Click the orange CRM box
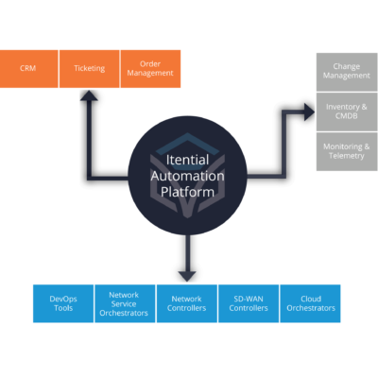(x=28, y=69)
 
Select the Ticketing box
(x=89, y=69)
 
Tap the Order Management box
(x=149, y=69)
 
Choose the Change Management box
(x=346, y=70)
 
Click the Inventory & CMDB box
(x=346, y=111)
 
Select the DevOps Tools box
(x=62, y=302)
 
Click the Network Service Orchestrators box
(x=124, y=302)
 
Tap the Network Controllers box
(x=186, y=302)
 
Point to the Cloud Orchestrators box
(x=310, y=302)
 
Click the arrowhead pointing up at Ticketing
(x=89, y=97)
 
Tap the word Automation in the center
(x=187, y=176)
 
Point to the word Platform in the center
(x=187, y=191)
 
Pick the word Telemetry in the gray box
(x=346, y=158)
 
